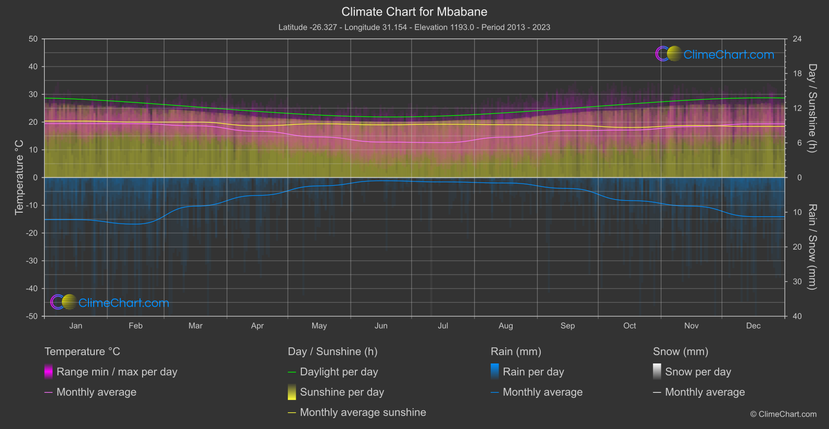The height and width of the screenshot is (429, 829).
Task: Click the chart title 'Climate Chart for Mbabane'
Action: (x=414, y=12)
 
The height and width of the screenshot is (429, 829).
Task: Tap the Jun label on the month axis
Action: (x=381, y=326)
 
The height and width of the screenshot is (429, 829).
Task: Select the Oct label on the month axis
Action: (x=629, y=326)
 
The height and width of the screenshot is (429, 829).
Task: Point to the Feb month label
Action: (x=135, y=326)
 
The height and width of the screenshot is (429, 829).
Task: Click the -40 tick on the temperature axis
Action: (x=32, y=289)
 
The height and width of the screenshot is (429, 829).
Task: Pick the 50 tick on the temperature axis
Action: (x=33, y=39)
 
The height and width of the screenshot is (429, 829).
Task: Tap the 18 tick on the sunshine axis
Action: (x=797, y=74)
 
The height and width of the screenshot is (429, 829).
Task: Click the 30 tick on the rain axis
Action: (x=797, y=282)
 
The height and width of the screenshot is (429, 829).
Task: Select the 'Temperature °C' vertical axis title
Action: (x=19, y=177)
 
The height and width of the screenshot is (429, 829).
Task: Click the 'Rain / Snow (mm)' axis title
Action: (x=812, y=247)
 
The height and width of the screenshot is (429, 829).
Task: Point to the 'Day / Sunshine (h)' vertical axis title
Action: (x=812, y=108)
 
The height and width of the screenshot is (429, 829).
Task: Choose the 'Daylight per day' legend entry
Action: (x=339, y=372)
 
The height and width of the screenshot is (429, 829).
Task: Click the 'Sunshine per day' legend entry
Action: (x=342, y=392)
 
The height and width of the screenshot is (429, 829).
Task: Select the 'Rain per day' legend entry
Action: (x=533, y=372)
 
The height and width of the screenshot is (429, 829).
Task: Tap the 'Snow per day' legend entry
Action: (x=698, y=372)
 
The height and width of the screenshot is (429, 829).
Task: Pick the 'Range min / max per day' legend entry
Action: (x=117, y=372)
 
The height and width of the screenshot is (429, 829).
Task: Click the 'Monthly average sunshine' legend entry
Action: (x=363, y=412)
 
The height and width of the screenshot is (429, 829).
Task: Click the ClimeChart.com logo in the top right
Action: (x=715, y=54)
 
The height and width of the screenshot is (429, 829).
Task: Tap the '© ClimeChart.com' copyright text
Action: (x=783, y=414)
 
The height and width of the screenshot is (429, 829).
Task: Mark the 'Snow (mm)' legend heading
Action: (x=680, y=352)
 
